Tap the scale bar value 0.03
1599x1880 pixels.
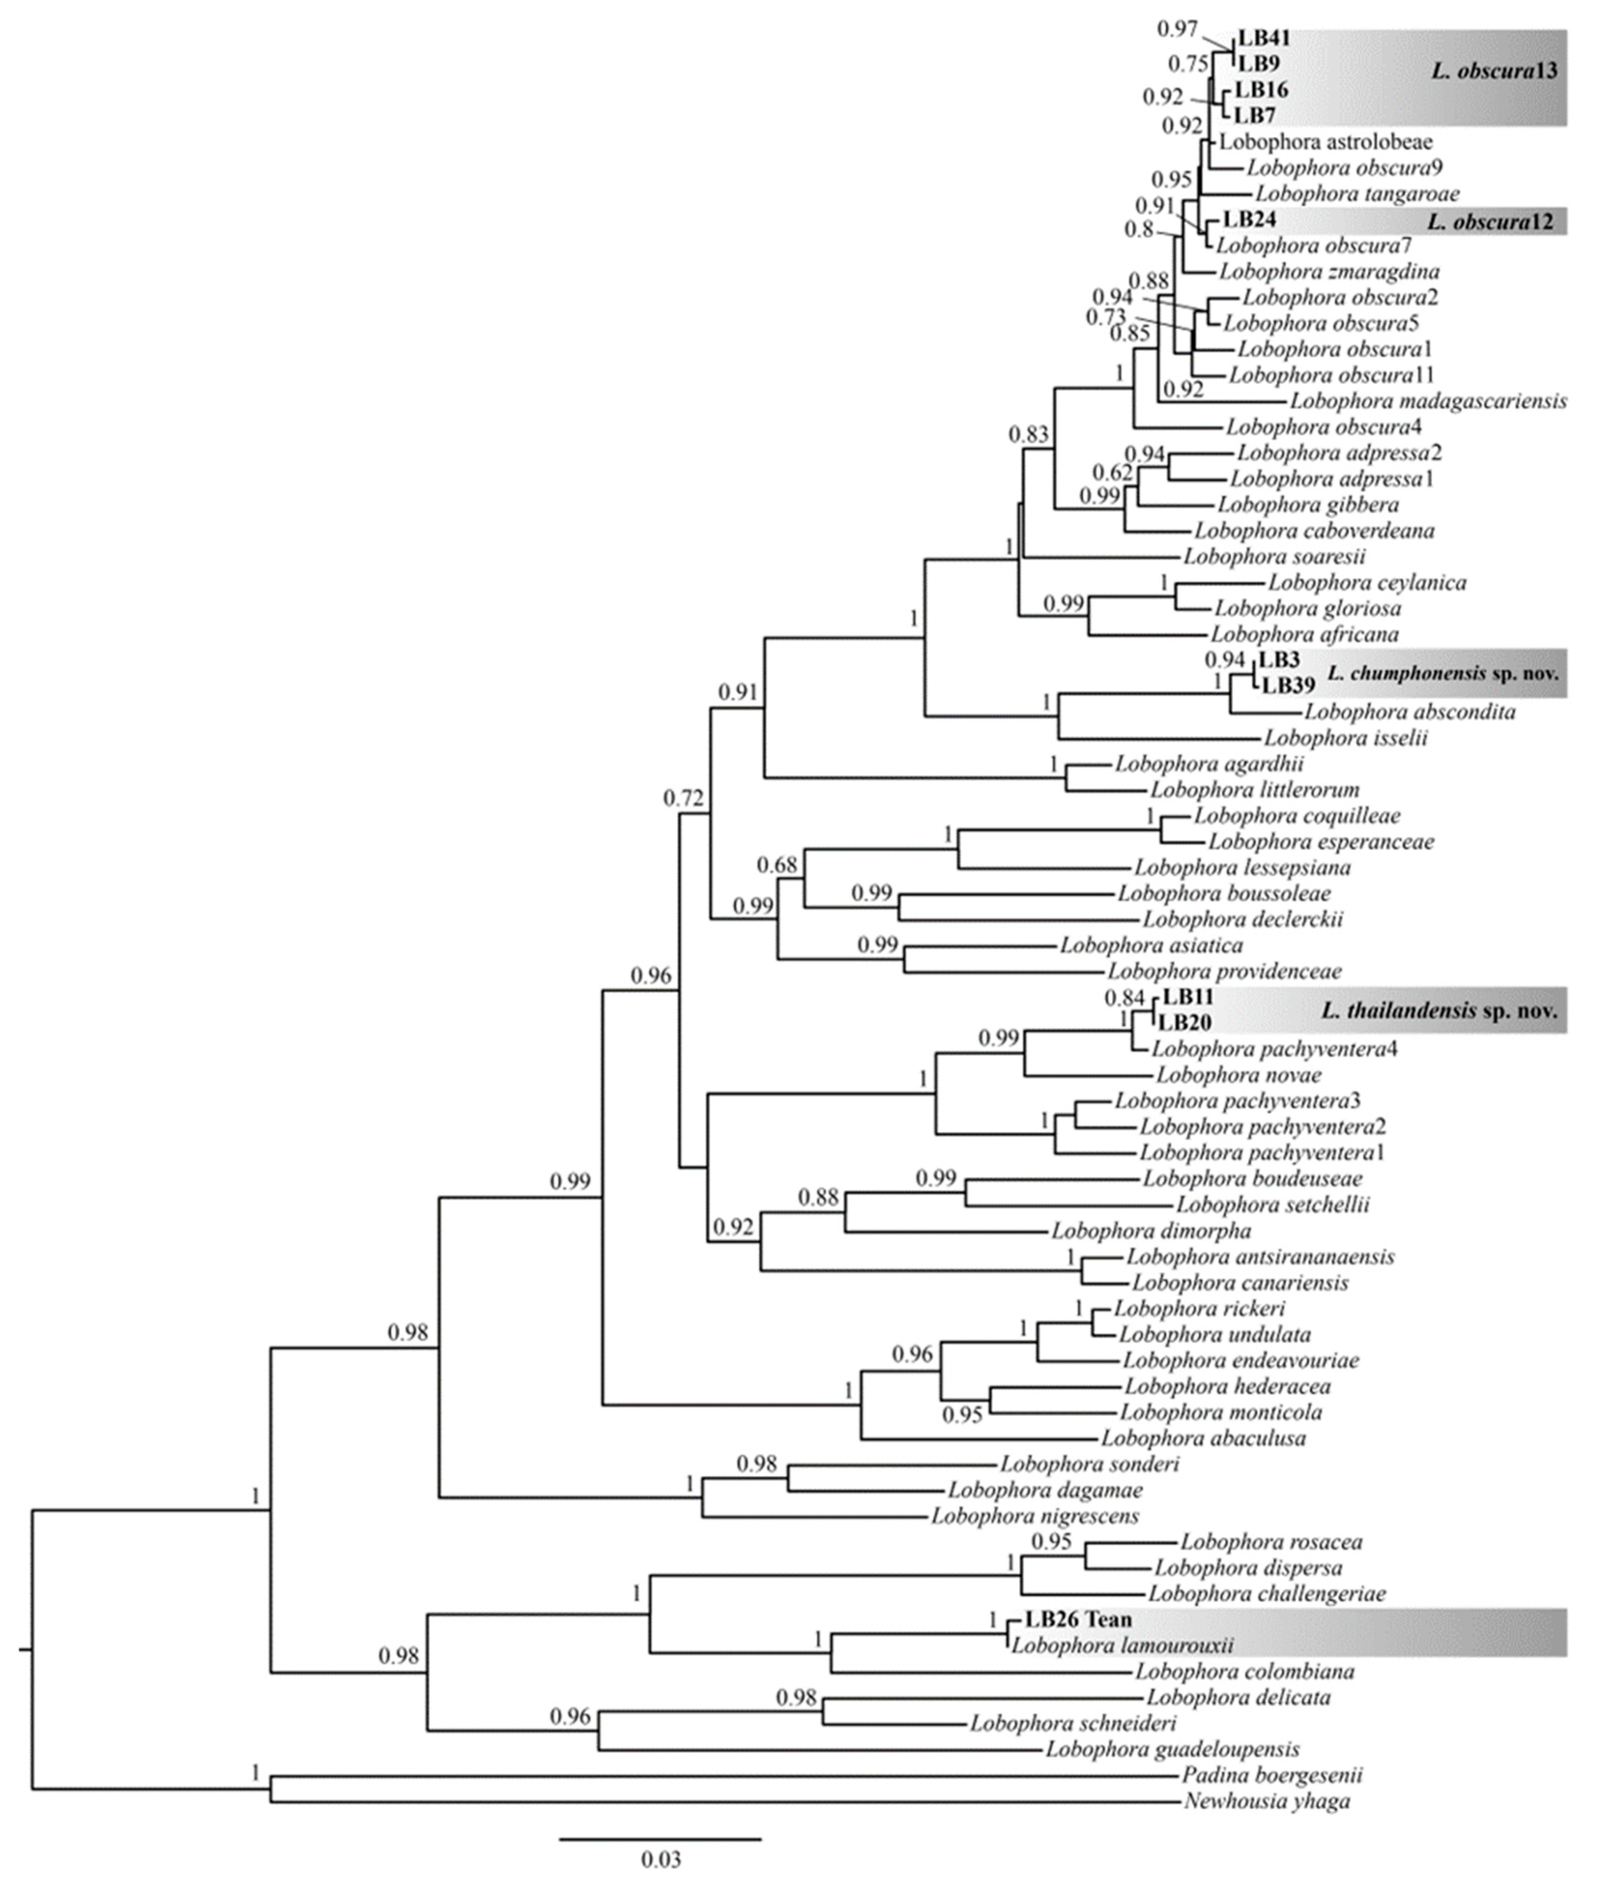[661, 1860]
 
